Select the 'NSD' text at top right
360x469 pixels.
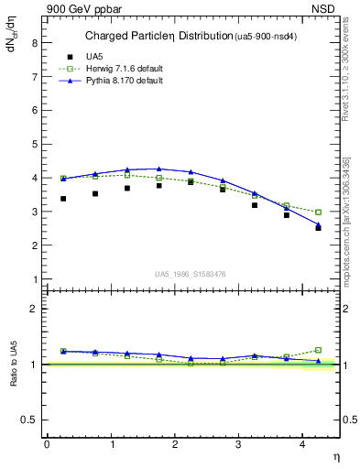pyautogui.click(x=327, y=8)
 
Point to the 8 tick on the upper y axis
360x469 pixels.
pyautogui.click(x=37, y=42)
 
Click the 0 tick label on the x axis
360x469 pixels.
pyautogui.click(x=47, y=444)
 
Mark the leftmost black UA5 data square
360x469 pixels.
pyautogui.click(x=63, y=199)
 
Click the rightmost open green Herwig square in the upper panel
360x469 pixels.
pyautogui.click(x=318, y=213)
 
